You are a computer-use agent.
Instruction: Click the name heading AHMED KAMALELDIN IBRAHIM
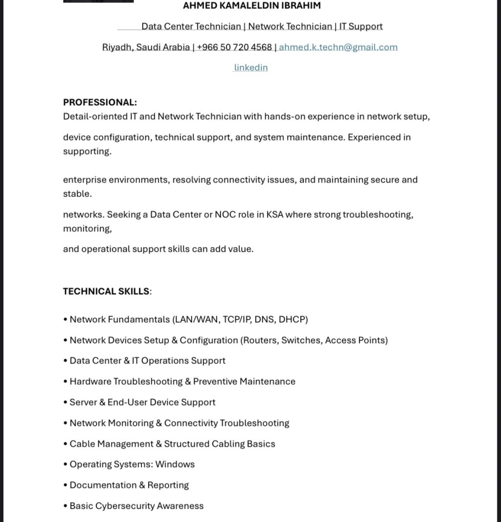tap(251, 6)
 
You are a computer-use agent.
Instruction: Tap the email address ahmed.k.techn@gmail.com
tap(338, 47)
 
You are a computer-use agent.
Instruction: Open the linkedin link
tap(250, 68)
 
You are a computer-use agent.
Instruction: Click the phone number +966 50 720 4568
tap(234, 47)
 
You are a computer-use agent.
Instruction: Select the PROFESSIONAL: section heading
tap(100, 103)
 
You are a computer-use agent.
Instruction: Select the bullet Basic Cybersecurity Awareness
tap(137, 506)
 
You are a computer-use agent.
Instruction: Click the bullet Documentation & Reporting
tap(129, 485)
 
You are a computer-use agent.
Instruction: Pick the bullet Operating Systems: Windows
tap(132, 465)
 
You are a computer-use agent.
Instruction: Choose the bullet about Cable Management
tap(172, 444)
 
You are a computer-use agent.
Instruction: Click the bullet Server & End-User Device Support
tap(142, 403)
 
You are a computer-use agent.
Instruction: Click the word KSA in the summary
tap(274, 215)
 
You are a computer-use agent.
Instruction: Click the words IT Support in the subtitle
tap(361, 26)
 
